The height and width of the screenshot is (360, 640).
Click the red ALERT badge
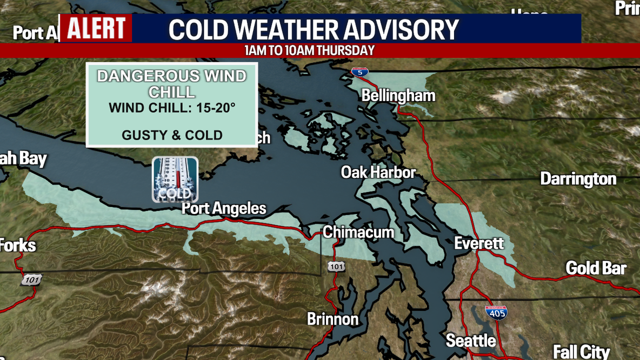tap(96, 28)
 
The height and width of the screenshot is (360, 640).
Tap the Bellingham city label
tap(398, 96)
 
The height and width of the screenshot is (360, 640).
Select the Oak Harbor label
tap(378, 172)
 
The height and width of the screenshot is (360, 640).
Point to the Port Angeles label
tap(224, 208)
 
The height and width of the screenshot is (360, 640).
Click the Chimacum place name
tap(358, 232)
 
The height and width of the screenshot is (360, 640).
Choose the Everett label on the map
tap(478, 243)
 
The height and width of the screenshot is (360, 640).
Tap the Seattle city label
tap(470, 341)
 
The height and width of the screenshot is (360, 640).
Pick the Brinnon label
tap(332, 319)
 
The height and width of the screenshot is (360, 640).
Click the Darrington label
tap(578, 179)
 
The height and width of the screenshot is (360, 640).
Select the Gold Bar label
tap(596, 268)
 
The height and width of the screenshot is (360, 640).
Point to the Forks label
tap(17, 245)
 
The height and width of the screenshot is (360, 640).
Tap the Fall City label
tap(581, 352)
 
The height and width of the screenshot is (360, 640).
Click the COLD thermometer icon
tap(175, 179)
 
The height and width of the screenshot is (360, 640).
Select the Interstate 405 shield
tap(496, 312)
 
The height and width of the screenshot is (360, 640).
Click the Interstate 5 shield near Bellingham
tap(359, 71)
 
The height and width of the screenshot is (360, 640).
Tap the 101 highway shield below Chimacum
tap(336, 266)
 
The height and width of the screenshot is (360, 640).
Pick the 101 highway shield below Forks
tap(31, 279)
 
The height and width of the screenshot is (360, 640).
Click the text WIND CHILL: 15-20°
tap(172, 108)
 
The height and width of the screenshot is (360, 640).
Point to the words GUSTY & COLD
tap(172, 135)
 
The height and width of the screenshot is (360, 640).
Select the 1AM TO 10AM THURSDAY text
tap(309, 51)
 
